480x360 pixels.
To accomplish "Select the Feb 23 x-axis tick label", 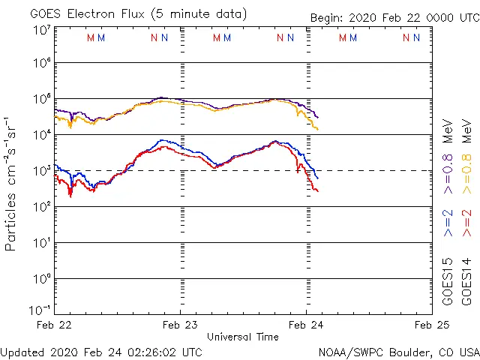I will [181, 325].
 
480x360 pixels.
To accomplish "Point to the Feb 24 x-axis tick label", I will [307, 325].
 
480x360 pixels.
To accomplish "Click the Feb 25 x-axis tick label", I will [431, 325].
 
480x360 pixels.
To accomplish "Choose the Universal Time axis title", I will [243, 337].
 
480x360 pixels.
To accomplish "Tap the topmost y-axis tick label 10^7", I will [41, 31].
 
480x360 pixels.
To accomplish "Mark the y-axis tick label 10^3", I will [41, 172].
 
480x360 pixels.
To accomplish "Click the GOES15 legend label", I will [447, 281].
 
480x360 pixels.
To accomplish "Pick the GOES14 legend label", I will [466, 281].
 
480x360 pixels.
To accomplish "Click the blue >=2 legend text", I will [447, 223].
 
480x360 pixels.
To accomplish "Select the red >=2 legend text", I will [466, 223].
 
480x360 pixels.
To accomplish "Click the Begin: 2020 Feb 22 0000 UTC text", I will [393, 18].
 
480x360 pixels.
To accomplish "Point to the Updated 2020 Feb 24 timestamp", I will [101, 352].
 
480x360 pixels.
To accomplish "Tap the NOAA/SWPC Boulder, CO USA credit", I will [398, 352].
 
